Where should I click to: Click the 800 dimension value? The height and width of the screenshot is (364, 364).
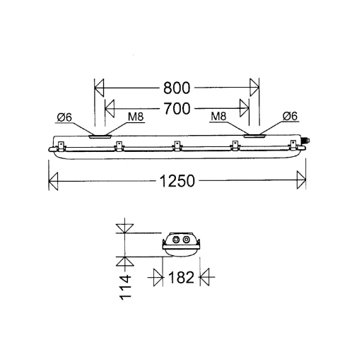click(177, 88)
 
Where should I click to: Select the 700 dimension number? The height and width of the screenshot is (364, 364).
click(177, 109)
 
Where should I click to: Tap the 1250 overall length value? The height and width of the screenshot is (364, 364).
click(177, 181)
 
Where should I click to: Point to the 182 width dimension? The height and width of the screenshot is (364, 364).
click(181, 277)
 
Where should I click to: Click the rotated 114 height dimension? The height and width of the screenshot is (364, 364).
click(125, 287)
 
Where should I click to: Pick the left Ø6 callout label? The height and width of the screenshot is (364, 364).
click(64, 117)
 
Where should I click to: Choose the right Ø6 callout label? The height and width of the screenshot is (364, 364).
click(290, 116)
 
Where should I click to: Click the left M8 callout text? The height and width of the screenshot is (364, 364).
click(136, 117)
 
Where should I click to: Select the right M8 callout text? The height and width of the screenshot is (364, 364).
click(218, 116)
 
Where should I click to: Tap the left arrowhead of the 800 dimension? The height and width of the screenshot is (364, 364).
click(99, 88)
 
